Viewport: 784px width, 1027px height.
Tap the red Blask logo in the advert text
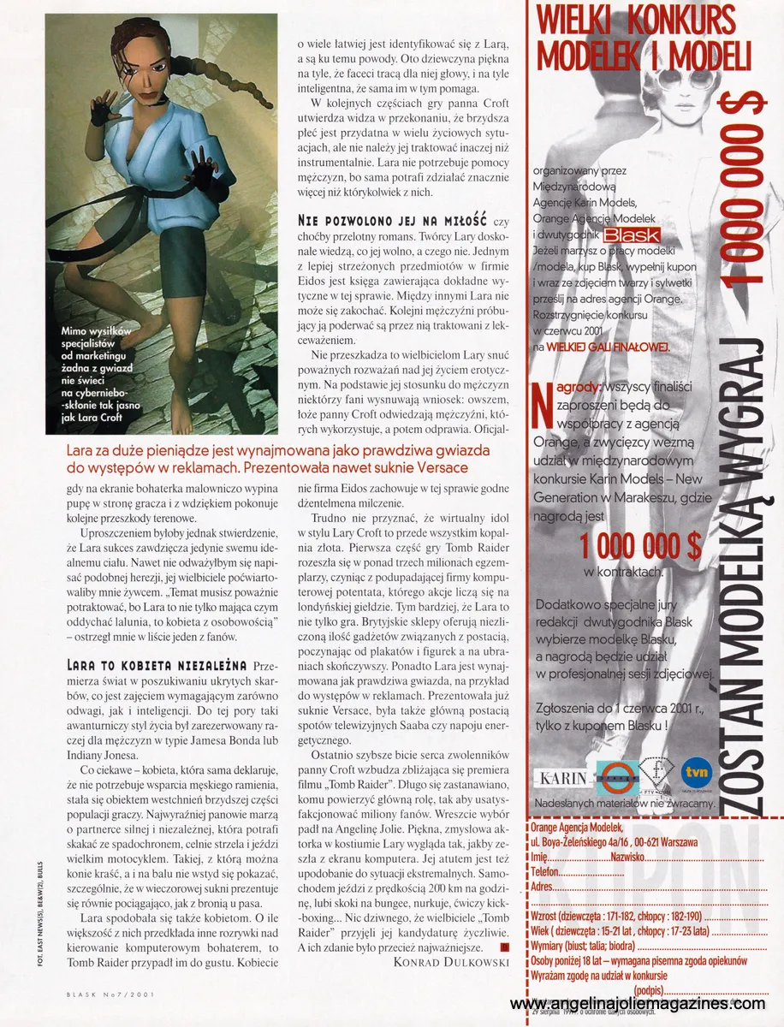click(630, 234)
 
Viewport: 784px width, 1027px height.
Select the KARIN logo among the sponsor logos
click(561, 777)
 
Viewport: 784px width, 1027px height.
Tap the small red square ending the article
click(504, 947)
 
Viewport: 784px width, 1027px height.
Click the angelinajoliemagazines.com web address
click(637, 1004)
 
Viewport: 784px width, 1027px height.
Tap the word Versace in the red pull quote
click(438, 467)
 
